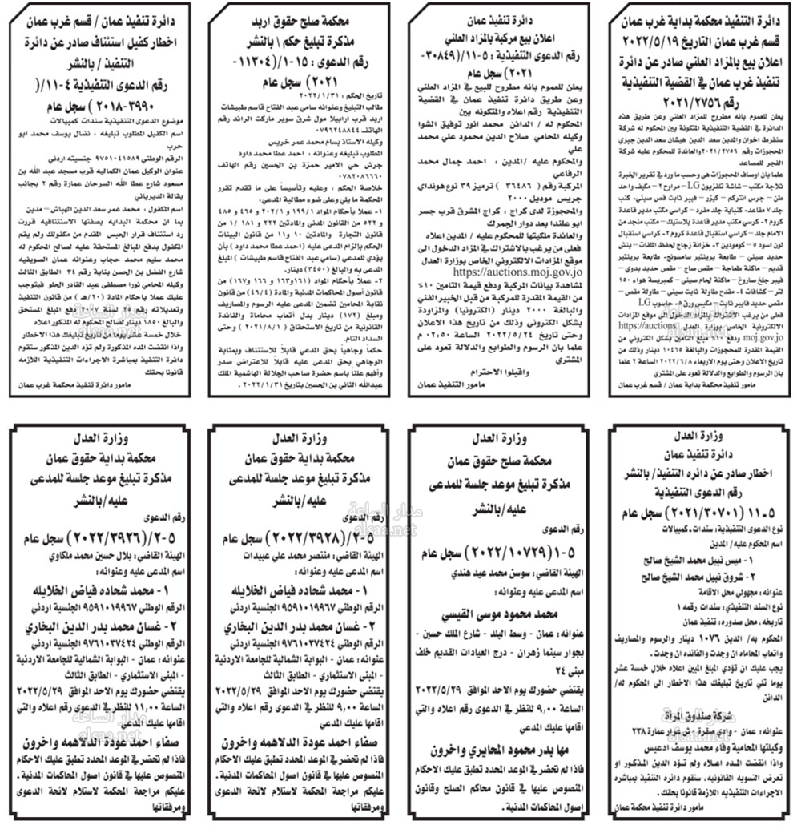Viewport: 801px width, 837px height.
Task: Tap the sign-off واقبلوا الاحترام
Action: pos(497,371)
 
